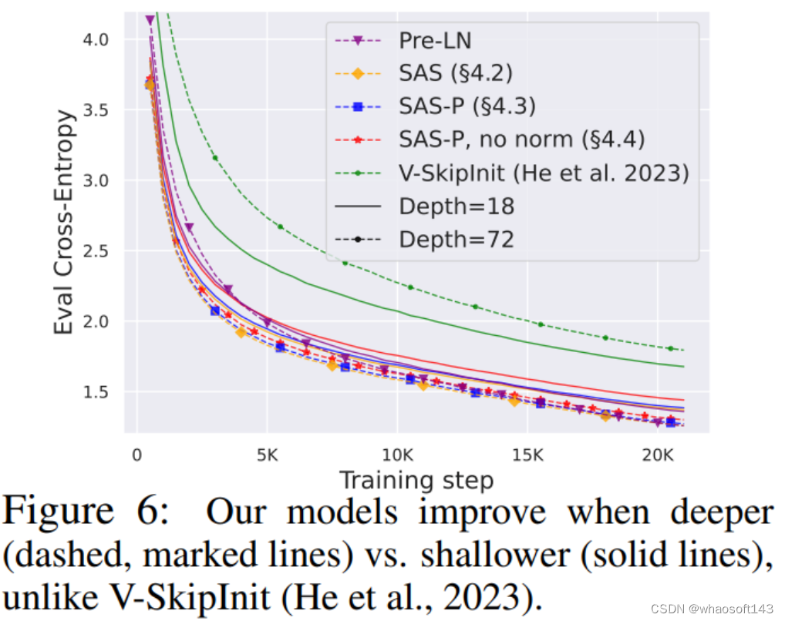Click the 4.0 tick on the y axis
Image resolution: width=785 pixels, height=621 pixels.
98,39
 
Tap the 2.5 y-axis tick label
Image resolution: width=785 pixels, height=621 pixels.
98,251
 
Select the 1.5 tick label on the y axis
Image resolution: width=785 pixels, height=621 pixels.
98,392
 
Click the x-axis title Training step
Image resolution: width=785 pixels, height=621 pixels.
416,480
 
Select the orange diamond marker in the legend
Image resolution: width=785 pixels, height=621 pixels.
357,74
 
